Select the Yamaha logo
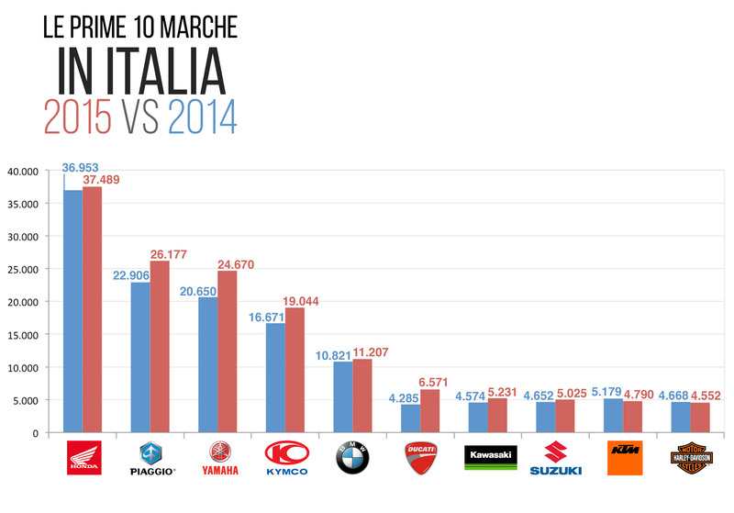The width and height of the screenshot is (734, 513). tap(217, 458)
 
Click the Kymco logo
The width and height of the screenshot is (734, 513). tap(285, 458)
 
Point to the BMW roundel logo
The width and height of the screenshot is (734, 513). tap(352, 458)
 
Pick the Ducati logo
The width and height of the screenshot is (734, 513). tap(420, 457)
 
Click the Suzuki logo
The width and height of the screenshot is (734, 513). tap(555, 458)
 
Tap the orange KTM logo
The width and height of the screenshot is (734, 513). tap(623, 457)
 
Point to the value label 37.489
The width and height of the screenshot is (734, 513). tap(102, 180)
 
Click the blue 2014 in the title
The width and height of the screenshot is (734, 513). tap(203, 117)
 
